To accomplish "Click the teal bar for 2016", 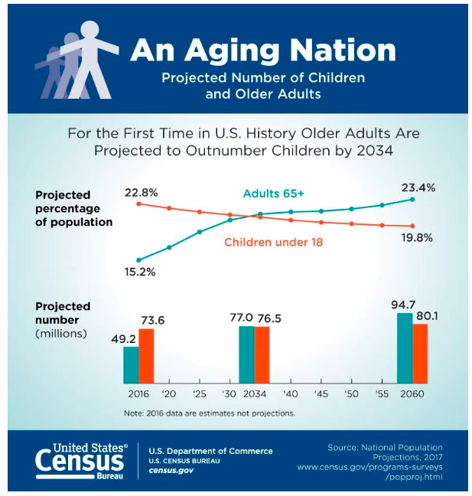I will click(x=132, y=364).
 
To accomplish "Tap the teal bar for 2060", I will click(x=405, y=348).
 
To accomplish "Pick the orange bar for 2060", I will click(x=419, y=353).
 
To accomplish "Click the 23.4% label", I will click(x=417, y=188).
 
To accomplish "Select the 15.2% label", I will click(x=141, y=271).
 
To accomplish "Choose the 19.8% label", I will click(x=417, y=237).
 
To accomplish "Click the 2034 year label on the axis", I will click(x=255, y=393).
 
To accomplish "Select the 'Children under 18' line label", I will click(x=273, y=243).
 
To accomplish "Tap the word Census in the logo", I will click(x=80, y=461).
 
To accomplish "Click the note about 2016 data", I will click(x=209, y=413).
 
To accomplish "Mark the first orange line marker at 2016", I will click(x=138, y=204).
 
